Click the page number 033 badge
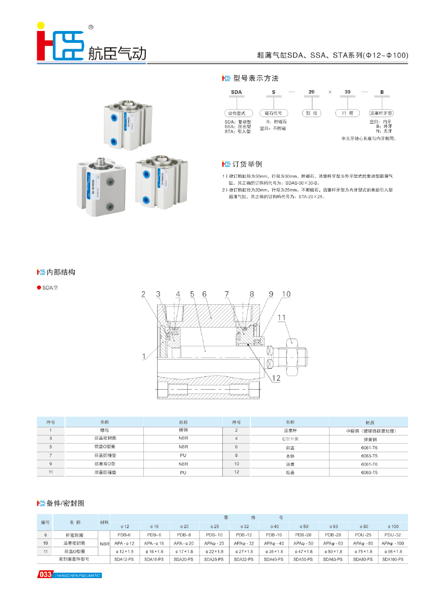click(x=45, y=575)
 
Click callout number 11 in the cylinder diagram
click(x=281, y=317)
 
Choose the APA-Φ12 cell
click(x=125, y=543)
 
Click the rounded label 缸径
click(x=310, y=114)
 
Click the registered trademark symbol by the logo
click(x=91, y=28)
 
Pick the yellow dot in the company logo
click(x=41, y=25)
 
